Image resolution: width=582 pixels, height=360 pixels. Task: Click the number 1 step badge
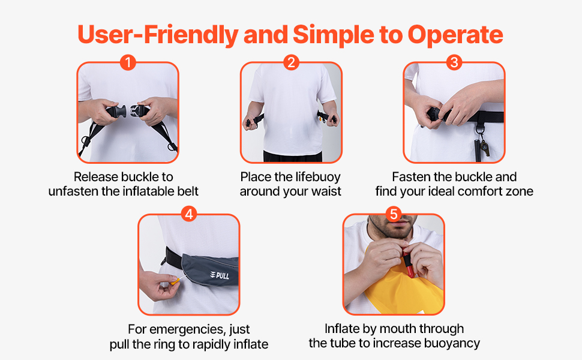coord(127,62)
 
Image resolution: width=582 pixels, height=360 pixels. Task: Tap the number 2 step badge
coord(291,62)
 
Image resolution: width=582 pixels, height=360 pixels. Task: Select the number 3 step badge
coord(454,62)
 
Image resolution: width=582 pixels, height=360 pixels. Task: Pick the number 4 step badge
coord(189,214)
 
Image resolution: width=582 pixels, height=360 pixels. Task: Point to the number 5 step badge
coord(394,214)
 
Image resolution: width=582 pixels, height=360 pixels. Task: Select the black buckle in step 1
coord(127,113)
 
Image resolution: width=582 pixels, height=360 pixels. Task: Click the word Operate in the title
coord(455,35)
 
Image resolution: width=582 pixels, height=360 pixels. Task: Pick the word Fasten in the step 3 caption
coord(412,177)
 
